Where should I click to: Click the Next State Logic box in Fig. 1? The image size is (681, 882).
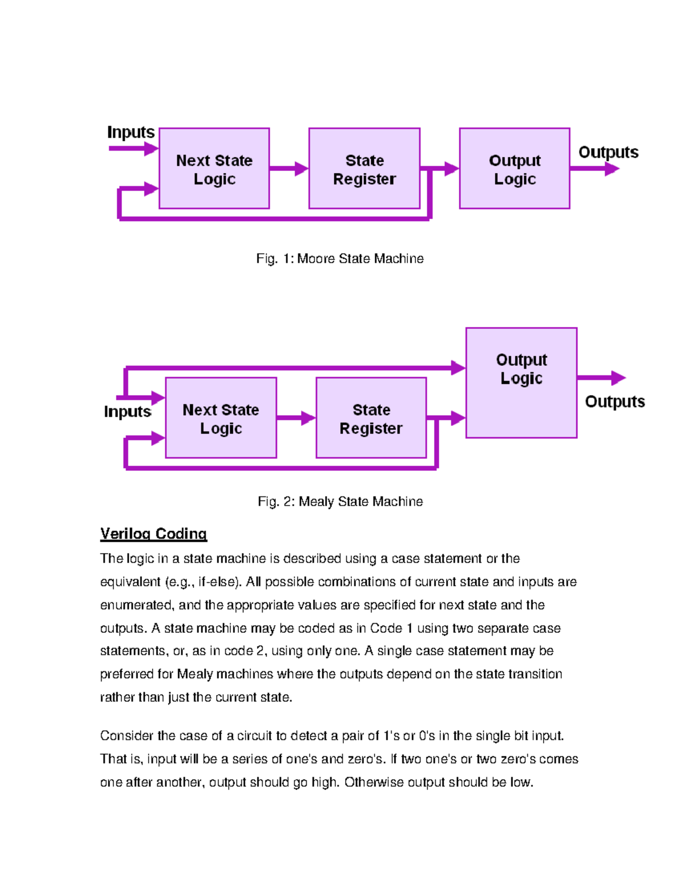(214, 169)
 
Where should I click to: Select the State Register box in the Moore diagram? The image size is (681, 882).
(364, 169)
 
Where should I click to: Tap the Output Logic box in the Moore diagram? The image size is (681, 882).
(514, 169)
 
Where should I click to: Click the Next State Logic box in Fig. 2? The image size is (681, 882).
(221, 418)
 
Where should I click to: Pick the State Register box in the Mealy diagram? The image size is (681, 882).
(371, 418)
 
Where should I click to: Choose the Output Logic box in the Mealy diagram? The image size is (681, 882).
(521, 383)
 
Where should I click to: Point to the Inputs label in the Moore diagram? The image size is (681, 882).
(131, 132)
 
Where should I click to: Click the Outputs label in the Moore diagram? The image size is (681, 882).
(608, 152)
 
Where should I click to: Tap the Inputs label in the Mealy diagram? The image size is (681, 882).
(128, 412)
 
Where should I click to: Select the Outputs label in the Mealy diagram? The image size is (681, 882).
(615, 402)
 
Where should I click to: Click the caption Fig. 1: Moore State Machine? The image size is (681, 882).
(340, 259)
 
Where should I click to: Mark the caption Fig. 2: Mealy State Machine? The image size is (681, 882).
(340, 501)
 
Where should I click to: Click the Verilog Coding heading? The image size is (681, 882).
(153, 534)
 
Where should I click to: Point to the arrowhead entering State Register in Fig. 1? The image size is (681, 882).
(301, 169)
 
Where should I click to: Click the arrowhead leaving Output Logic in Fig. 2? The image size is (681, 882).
(618, 378)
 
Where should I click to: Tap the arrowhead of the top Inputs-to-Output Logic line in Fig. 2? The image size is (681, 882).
(458, 368)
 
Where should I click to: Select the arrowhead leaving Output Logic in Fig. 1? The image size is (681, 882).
(612, 169)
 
